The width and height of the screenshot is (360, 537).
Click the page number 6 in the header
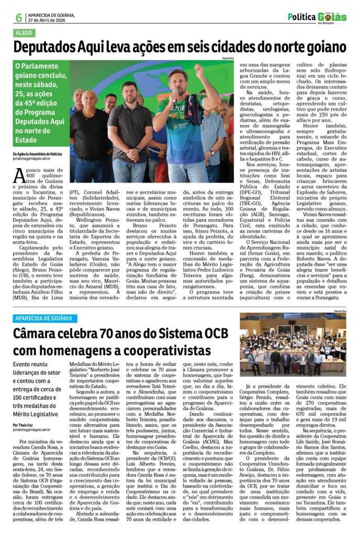18,17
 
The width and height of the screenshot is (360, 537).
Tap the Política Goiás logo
317,17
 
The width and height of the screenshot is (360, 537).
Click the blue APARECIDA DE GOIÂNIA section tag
46,318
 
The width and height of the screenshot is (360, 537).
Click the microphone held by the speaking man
175,97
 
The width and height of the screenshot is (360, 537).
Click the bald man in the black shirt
90,134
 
